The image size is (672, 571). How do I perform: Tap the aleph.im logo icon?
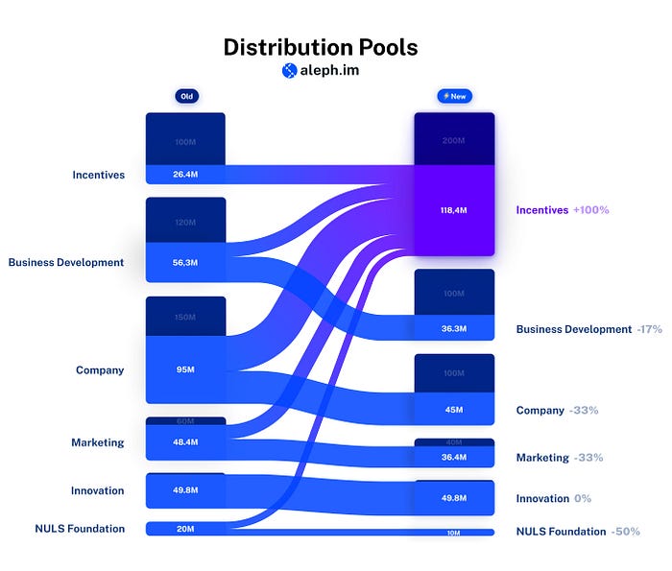pos(289,70)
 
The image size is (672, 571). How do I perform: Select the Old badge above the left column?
pos(185,96)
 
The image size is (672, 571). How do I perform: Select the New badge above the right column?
pos(454,96)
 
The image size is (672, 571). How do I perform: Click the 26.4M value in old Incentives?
pos(185,175)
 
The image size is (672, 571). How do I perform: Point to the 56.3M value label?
pos(185,262)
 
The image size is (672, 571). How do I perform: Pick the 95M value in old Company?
pos(185,369)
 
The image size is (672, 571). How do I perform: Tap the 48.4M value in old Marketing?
pos(185,442)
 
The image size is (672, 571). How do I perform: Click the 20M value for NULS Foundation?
pos(185,529)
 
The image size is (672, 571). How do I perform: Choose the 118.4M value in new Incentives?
pos(454,209)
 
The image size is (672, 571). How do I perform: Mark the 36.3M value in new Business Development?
pos(454,328)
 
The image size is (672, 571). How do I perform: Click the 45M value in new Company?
pos(454,410)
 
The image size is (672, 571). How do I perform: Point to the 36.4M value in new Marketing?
pos(454,457)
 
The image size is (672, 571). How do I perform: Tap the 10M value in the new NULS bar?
pos(454,532)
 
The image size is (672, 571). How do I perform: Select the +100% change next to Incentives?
pos(590,209)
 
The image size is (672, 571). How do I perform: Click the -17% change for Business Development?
pos(649,329)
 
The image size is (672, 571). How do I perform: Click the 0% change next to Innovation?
pos(583,498)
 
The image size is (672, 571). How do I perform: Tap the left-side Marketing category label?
pos(97,442)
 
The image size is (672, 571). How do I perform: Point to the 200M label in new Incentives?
pos(454,140)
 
